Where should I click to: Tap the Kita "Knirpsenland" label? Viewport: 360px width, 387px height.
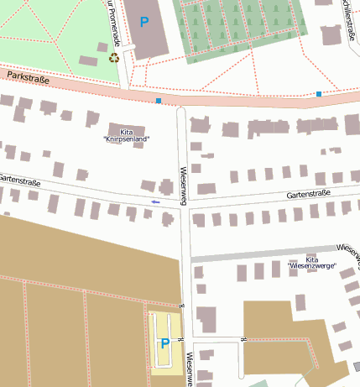pyautogui.click(x=127, y=135)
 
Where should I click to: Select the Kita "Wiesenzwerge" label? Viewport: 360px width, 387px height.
pyautogui.click(x=311, y=263)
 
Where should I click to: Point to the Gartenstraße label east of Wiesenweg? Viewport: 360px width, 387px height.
pyautogui.click(x=309, y=194)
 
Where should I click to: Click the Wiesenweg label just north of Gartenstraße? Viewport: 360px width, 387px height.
pyautogui.click(x=182, y=183)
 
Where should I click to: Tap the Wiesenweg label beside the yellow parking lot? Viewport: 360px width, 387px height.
pyautogui.click(x=190, y=367)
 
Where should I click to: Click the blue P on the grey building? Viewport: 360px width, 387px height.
pyautogui.click(x=144, y=22)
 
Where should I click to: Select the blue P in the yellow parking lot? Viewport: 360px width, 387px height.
pyautogui.click(x=164, y=343)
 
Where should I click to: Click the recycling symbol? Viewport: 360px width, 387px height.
pyautogui.click(x=114, y=58)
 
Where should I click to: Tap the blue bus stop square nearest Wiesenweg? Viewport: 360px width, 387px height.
pyautogui.click(x=159, y=101)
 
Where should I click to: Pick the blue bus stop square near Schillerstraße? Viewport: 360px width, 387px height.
pyautogui.click(x=319, y=93)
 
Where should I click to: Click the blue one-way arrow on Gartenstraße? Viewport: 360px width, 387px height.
pyautogui.click(x=154, y=202)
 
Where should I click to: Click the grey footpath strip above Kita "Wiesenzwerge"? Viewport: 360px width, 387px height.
pyautogui.click(x=269, y=254)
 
